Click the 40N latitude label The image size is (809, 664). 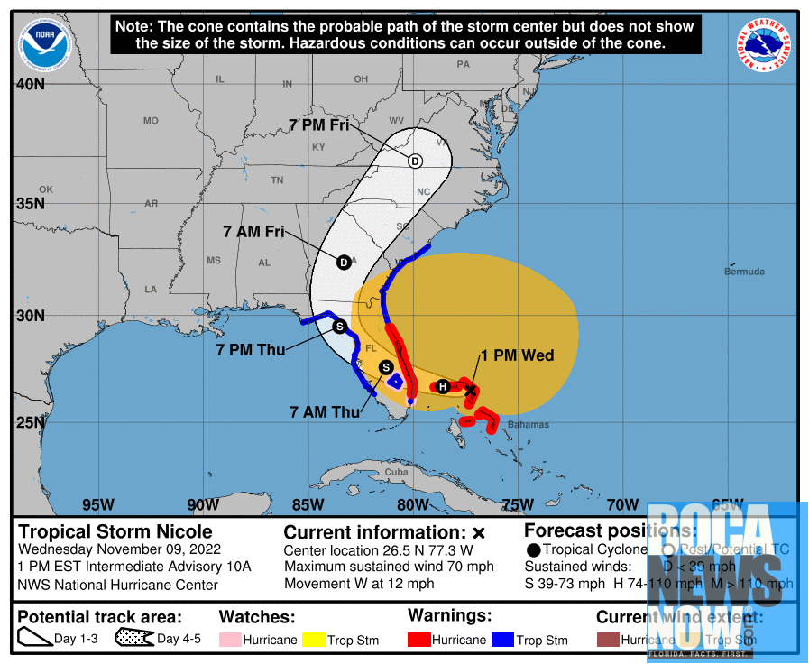pos(30,85)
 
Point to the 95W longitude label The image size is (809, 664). pos(97,504)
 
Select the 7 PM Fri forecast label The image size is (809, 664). pos(318,126)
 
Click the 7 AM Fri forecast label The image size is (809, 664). pos(253,232)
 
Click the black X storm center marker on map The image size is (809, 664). pos(470,389)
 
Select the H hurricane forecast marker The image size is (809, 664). pos(443,387)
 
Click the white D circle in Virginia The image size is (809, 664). pos(415,161)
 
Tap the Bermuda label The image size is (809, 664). pos(744,272)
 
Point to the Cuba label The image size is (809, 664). pos(396,472)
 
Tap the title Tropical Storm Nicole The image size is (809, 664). pos(115,532)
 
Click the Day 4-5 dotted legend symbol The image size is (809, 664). pos(133,640)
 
